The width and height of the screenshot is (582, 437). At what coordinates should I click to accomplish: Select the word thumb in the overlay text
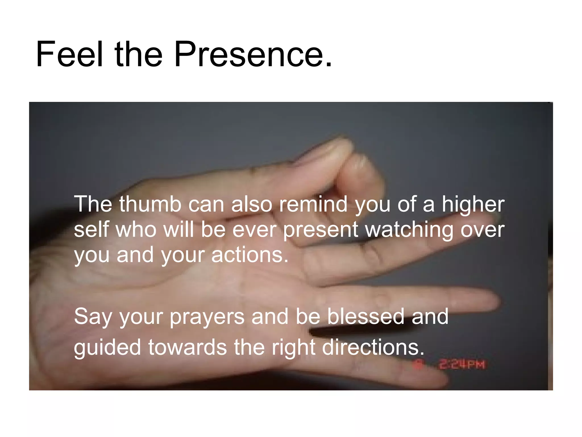click(150, 204)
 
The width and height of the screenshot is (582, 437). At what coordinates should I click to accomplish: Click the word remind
click(313, 204)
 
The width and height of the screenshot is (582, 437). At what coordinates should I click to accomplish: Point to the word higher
click(473, 204)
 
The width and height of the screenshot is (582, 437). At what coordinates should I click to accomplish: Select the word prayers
click(207, 316)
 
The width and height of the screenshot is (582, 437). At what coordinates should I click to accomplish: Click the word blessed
click(365, 316)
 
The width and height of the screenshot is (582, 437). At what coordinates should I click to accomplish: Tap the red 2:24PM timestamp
click(462, 364)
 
